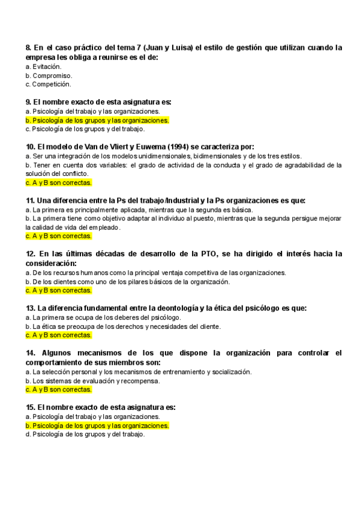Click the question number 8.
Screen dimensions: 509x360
[x=29, y=47]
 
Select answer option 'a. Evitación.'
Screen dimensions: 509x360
[x=44, y=67]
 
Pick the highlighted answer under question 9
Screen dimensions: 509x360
[x=97, y=120]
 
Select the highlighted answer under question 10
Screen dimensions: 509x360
[x=59, y=182]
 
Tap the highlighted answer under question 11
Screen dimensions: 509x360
[x=59, y=236]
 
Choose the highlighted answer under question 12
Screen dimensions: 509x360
[x=59, y=291]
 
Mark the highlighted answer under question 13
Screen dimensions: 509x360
[x=59, y=336]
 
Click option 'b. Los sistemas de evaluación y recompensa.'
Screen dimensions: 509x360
[x=92, y=381]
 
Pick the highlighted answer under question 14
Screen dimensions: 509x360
[x=59, y=390]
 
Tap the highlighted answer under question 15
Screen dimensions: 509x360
[x=97, y=426]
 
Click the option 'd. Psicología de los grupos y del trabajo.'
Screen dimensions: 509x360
[x=85, y=435]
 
